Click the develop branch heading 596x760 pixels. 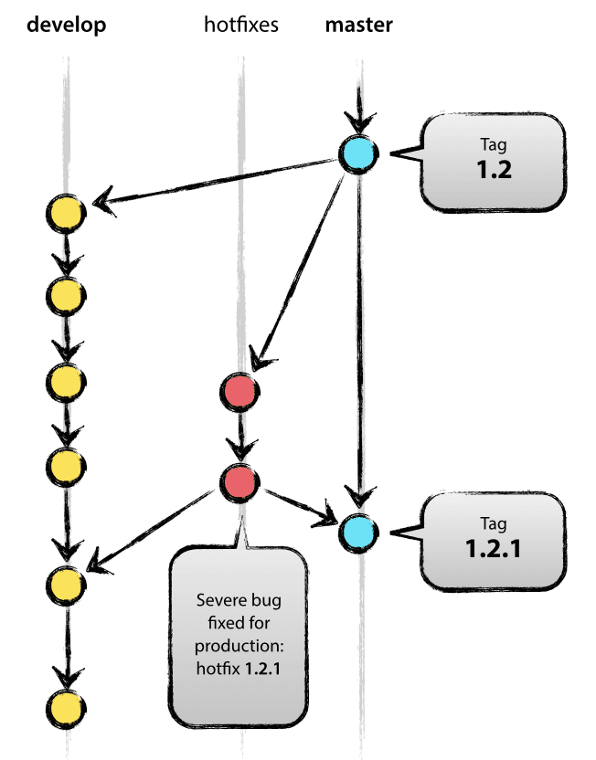pyautogui.click(x=66, y=25)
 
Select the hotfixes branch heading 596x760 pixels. pyautogui.click(x=240, y=25)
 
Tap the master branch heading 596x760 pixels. pyautogui.click(x=359, y=25)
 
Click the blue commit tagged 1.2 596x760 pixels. pyautogui.click(x=358, y=153)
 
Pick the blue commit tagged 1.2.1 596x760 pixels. pyautogui.click(x=357, y=531)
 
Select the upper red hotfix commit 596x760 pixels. pyautogui.click(x=239, y=393)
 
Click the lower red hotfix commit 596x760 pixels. pyautogui.click(x=239, y=480)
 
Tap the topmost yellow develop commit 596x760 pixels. pyautogui.click(x=66, y=212)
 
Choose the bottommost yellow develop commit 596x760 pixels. pyautogui.click(x=66, y=705)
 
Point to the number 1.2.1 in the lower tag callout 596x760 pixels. pyautogui.click(x=491, y=551)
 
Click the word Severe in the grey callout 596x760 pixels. pyautogui.click(x=218, y=601)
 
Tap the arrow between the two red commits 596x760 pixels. pyautogui.click(x=240, y=437)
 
